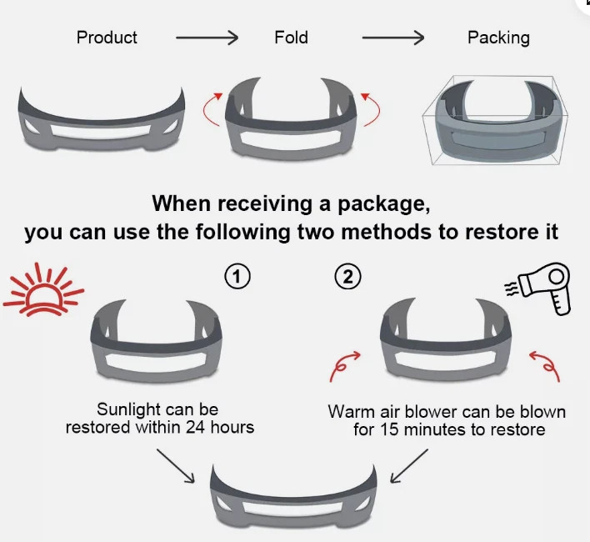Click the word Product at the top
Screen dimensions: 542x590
tap(107, 38)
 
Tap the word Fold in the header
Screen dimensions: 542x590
tap(291, 38)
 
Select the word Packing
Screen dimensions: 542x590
tap(498, 38)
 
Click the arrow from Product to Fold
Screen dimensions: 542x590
tap(207, 38)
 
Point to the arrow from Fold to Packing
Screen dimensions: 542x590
tap(392, 38)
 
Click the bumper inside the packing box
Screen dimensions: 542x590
tap(497, 125)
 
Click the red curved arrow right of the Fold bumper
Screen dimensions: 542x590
tap(370, 112)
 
